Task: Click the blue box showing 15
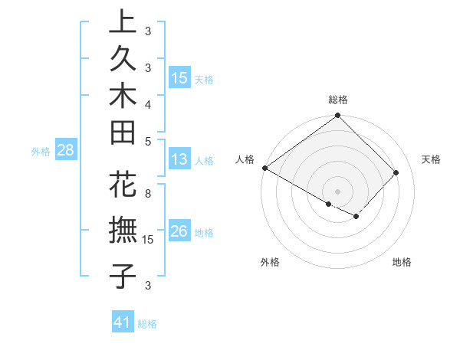179,78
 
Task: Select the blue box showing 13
179,160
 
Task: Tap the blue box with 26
179,232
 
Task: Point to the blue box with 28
66,151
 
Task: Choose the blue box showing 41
123,322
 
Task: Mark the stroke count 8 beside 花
148,194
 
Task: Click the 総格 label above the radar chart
338,100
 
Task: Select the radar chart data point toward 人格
264,168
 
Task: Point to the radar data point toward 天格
396,173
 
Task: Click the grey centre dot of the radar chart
337,191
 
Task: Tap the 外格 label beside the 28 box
41,152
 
